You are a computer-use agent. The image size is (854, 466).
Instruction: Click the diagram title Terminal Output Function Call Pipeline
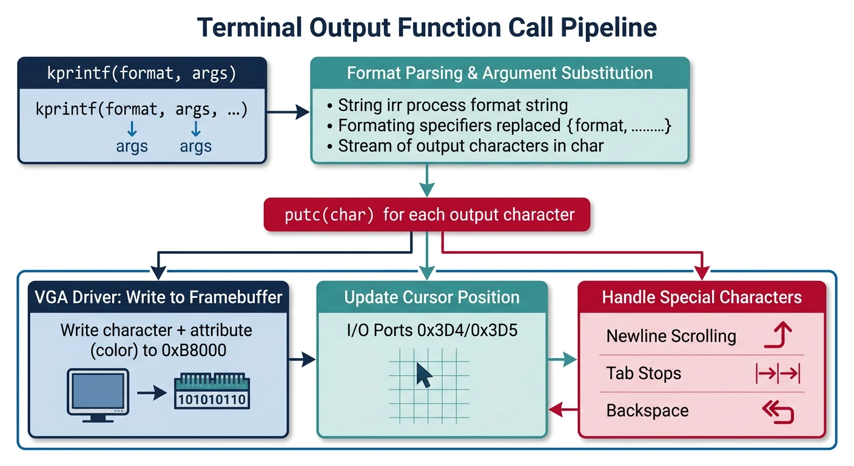(427, 28)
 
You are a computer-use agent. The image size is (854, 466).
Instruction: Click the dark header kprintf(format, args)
(142, 73)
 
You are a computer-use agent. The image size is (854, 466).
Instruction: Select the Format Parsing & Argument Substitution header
(500, 73)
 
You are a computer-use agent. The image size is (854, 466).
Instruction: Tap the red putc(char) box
(426, 215)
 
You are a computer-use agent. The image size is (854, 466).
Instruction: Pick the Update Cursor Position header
(432, 297)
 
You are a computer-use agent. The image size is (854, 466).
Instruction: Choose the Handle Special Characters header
(702, 297)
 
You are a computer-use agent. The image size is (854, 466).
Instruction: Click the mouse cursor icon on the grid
(424, 376)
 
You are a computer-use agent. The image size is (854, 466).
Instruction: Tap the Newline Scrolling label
(671, 336)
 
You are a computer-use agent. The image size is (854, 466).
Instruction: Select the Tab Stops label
(644, 373)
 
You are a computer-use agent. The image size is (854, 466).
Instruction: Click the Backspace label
(647, 411)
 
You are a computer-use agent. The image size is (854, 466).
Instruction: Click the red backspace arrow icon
(778, 412)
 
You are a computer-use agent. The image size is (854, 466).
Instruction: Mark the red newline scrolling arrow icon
(778, 336)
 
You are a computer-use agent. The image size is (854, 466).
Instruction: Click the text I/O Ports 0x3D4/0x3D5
(431, 331)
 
